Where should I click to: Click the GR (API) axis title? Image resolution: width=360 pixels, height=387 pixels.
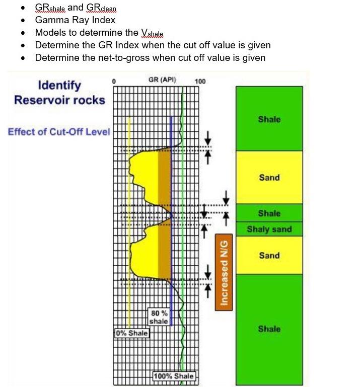tap(161, 80)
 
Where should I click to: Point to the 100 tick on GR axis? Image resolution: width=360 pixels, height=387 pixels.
tap(200, 82)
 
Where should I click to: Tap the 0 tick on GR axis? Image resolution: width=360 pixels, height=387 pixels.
tap(114, 82)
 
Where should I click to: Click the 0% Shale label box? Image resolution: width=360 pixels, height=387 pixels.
tap(132, 333)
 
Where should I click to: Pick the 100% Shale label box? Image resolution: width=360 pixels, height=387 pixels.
tap(174, 376)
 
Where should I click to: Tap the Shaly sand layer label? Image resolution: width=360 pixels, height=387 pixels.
tap(269, 229)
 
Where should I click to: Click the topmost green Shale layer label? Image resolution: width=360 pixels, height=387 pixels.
tap(269, 119)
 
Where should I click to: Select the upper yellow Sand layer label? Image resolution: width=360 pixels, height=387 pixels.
tap(269, 177)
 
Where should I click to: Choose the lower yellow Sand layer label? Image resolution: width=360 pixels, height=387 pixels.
tap(269, 255)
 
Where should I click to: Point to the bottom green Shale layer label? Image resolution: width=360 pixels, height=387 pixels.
tap(269, 329)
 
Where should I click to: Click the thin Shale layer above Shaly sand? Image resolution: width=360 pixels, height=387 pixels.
tap(269, 213)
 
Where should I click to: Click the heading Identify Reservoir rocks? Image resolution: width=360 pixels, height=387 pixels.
tap(59, 92)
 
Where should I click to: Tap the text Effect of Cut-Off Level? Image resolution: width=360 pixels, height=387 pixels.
tap(58, 132)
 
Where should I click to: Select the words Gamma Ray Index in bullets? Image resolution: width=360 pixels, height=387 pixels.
tap(75, 20)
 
